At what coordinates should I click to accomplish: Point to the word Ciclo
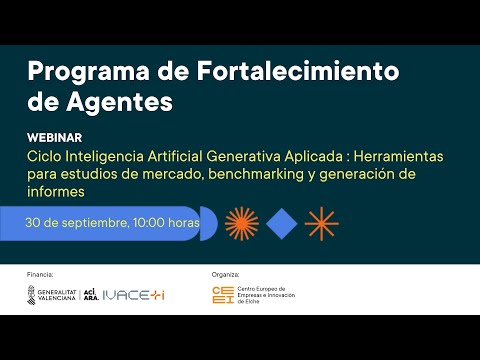pos(44,156)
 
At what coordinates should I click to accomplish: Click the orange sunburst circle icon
pos(242,223)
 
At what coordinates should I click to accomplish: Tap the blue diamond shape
pos(282,223)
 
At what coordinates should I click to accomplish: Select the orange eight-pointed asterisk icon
pos(321,223)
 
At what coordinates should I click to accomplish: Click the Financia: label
pos(40,272)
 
